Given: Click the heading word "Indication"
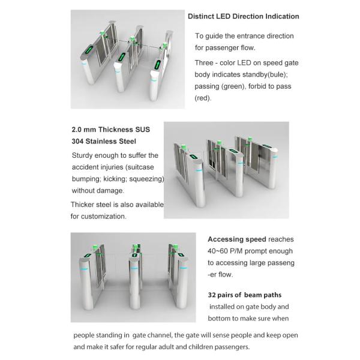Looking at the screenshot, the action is click(282, 16).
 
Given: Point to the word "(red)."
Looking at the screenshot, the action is click(203, 98).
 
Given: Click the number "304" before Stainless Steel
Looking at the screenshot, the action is click(77, 141).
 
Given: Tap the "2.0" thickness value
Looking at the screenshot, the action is click(76, 130).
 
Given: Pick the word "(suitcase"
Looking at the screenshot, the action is click(140, 167).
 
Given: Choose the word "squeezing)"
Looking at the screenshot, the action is click(147, 179).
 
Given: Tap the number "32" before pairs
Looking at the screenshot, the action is click(212, 295).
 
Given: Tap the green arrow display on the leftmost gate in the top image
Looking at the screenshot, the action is click(89, 50).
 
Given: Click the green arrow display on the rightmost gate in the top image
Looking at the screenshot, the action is click(157, 65).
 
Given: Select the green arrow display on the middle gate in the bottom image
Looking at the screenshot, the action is click(135, 255).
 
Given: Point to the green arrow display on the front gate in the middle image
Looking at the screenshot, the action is click(193, 157).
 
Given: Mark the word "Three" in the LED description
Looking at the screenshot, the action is click(204, 63).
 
